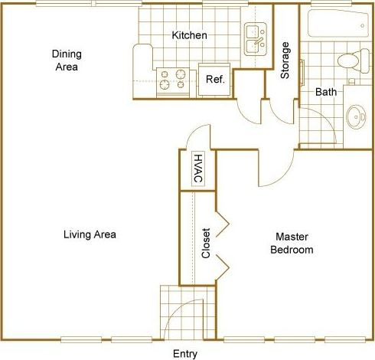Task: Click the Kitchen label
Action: tap(189, 35)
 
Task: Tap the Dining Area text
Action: tap(67, 60)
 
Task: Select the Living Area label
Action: tap(90, 234)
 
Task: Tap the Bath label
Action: tap(326, 93)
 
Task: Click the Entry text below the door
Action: tap(185, 353)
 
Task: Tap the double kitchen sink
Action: tap(255, 38)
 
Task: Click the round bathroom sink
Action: tap(356, 117)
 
